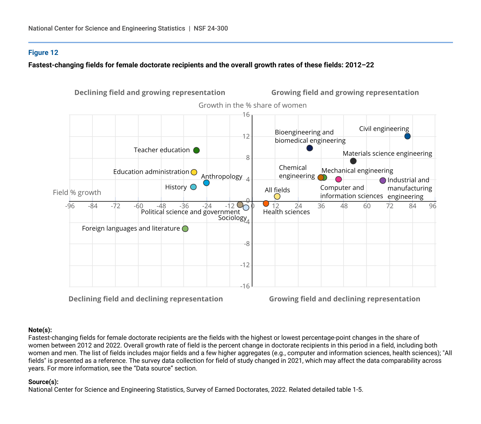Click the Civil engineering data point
[407, 136]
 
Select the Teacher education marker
[196, 150]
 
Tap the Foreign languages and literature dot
[185, 229]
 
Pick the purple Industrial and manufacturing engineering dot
[383, 181]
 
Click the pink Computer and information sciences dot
[338, 179]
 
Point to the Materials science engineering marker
[353, 161]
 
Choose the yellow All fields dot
[277, 196]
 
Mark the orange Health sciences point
[266, 204]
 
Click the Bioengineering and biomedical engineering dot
[310, 148]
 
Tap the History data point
[193, 187]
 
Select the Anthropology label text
[222, 177]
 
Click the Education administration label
[151, 172]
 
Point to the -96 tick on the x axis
[70, 206]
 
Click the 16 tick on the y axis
[246, 115]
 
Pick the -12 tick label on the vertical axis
[245, 265]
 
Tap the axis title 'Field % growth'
[77, 192]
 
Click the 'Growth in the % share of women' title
[253, 105]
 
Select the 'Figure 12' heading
[43, 53]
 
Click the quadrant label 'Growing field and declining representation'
[345, 299]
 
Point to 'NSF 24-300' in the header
[211, 28]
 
